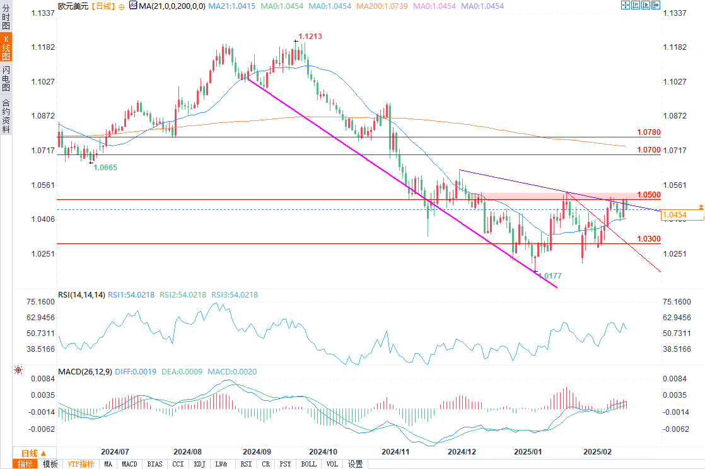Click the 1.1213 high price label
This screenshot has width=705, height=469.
(310, 37)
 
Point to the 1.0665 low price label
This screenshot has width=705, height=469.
(105, 167)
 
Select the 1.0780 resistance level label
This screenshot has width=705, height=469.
(648, 132)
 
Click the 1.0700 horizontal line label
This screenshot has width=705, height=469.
(648, 150)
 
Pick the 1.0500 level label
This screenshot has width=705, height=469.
(648, 195)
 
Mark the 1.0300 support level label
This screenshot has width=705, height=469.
(648, 239)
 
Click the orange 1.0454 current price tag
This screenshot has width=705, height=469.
(682, 216)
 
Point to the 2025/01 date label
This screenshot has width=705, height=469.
(528, 452)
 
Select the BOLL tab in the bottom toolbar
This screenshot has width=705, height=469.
(309, 464)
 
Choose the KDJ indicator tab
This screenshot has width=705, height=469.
(199, 464)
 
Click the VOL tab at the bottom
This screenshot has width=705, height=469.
(332, 464)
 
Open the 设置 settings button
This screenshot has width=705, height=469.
(356, 464)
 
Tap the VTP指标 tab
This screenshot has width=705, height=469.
(81, 464)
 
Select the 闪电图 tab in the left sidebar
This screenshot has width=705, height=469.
(6, 79)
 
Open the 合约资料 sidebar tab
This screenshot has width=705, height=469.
(6, 115)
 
